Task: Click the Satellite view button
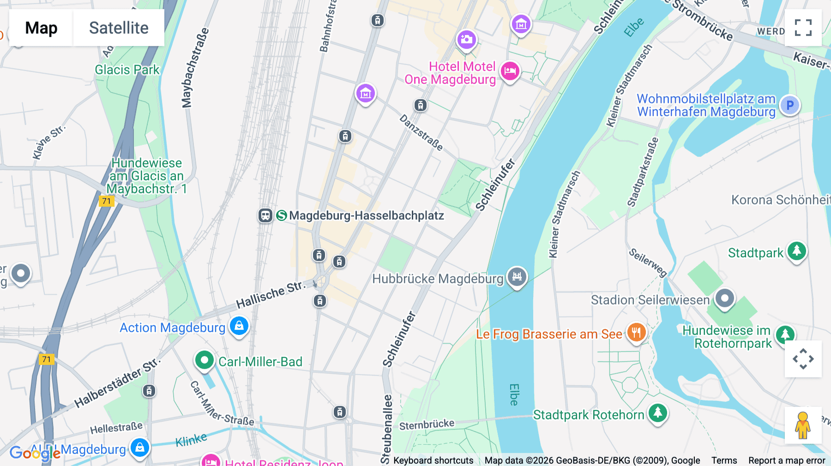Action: [119, 28]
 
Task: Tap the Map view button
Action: [41, 28]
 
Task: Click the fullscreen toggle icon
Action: [803, 28]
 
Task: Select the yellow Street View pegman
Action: [802, 425]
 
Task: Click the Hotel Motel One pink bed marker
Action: [510, 72]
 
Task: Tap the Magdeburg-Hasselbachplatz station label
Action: [366, 215]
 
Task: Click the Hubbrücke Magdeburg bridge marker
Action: [517, 277]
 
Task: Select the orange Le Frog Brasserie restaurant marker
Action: [636, 332]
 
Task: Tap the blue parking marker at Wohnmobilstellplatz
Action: [789, 105]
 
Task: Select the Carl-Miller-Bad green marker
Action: [204, 360]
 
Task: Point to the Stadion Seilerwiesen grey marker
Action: [724, 299]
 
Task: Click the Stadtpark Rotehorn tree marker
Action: [657, 413]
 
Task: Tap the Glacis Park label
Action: [127, 70]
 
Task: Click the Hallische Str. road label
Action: [271, 294]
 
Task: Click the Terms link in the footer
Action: [724, 460]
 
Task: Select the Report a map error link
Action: [787, 460]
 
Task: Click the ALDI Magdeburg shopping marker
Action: [139, 448]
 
